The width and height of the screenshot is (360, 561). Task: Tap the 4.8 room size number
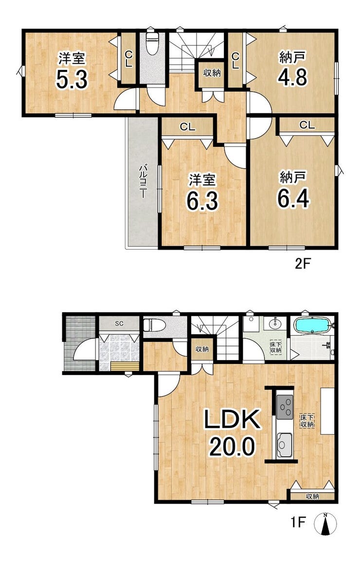click(x=292, y=76)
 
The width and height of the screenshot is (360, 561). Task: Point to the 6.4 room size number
click(x=293, y=198)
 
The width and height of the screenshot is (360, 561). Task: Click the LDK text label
click(x=232, y=420)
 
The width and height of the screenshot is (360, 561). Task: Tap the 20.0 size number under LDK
click(x=232, y=446)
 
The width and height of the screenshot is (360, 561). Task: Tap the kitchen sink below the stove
click(x=285, y=445)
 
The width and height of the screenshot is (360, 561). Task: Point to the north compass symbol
click(x=325, y=524)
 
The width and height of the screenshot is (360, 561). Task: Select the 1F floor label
click(x=298, y=523)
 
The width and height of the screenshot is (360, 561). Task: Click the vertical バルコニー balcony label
click(x=142, y=181)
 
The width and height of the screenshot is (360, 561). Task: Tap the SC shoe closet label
click(x=119, y=324)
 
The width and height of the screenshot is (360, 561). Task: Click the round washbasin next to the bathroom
click(x=275, y=325)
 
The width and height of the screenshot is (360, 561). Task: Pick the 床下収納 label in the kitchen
click(x=306, y=420)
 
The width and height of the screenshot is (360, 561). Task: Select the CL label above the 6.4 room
click(x=307, y=125)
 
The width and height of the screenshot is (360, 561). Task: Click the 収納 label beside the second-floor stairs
click(x=212, y=73)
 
